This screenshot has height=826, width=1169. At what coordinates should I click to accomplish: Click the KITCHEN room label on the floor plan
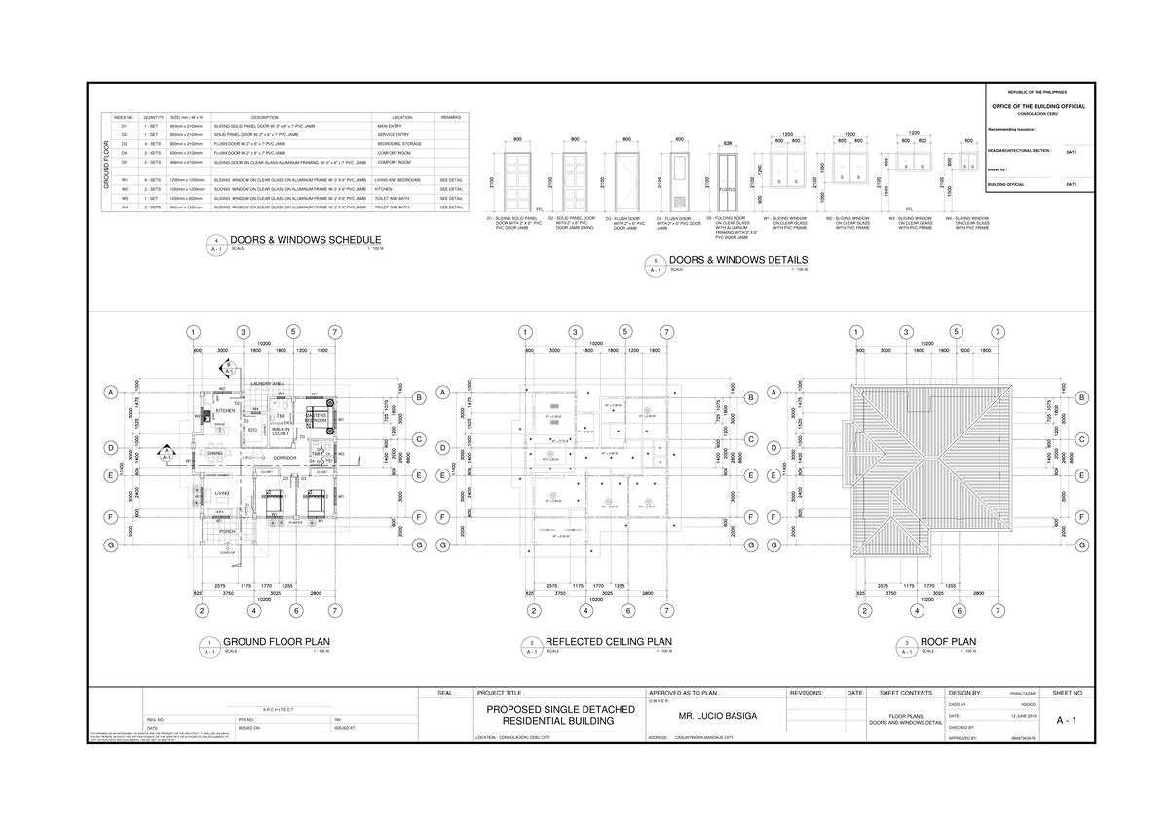[225, 412]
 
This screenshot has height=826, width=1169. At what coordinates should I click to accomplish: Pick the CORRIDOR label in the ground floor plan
[284, 457]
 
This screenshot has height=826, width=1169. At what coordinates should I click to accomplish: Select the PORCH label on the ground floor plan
[227, 531]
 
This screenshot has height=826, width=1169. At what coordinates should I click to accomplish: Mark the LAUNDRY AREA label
[265, 385]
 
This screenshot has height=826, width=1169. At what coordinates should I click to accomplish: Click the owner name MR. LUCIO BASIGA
[717, 716]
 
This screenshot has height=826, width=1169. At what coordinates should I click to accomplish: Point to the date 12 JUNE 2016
[1023, 716]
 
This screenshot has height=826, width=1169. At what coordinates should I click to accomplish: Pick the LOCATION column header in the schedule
[402, 117]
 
